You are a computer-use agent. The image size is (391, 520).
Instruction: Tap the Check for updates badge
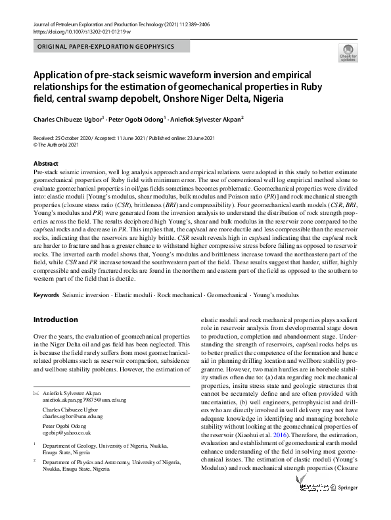348,53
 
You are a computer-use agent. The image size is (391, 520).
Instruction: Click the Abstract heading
45,163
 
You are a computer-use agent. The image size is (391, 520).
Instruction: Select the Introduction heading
55,319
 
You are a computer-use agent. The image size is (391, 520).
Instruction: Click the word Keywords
46,295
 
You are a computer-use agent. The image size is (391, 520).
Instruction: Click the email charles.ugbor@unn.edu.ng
72,417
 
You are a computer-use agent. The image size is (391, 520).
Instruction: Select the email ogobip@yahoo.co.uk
66,433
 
